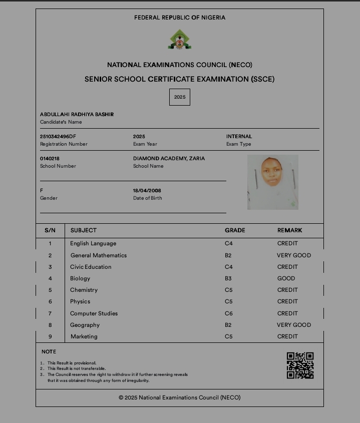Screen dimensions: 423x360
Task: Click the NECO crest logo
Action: point(179,40)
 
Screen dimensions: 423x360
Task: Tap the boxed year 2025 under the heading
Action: point(180,97)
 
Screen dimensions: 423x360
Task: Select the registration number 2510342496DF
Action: point(58,136)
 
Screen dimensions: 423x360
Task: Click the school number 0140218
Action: point(50,158)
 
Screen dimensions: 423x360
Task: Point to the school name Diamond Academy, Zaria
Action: point(169,158)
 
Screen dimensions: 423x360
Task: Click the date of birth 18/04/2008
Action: point(147,190)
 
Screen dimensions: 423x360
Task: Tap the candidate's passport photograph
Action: point(272,182)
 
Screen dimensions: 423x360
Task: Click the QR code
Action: point(300,365)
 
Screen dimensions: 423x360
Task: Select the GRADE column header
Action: point(235,230)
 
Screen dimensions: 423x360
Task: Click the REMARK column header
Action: point(290,230)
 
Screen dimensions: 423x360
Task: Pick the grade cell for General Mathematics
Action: point(228,255)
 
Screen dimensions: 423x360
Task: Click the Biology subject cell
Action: point(80,278)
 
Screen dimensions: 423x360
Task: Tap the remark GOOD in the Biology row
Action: point(286,278)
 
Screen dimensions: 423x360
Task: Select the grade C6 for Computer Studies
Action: point(229,313)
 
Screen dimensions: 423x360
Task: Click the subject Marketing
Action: point(84,336)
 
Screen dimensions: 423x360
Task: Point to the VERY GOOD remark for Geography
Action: point(294,325)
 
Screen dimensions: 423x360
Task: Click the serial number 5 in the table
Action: point(50,290)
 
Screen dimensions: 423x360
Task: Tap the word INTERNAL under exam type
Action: point(239,136)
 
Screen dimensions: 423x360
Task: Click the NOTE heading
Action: point(49,351)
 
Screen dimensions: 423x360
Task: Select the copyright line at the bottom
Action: point(179,397)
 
